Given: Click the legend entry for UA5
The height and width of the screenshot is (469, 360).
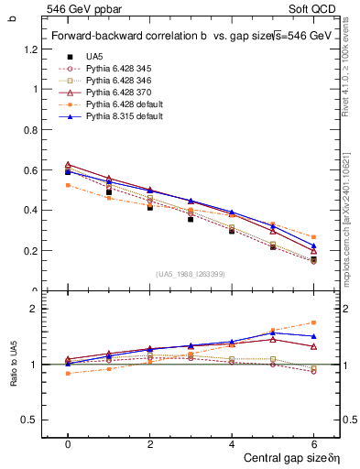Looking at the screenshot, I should pyautogui.click(x=94, y=56).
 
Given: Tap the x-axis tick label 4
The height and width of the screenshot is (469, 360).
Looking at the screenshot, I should pyautogui.click(x=232, y=444).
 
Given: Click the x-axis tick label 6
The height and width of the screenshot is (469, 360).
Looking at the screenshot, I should pyautogui.click(x=313, y=444).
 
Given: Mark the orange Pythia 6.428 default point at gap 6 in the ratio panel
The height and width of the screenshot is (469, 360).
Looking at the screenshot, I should pyautogui.click(x=313, y=322).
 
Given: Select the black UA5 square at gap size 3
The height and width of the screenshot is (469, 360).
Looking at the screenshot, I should pyautogui.click(x=191, y=219).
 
